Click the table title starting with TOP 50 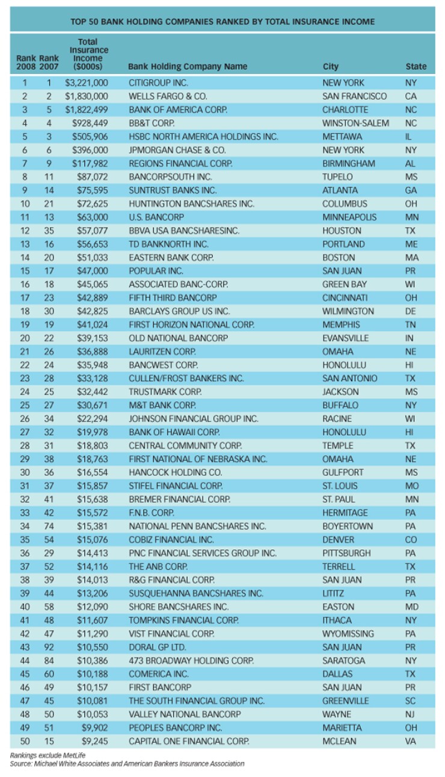[x=222, y=22]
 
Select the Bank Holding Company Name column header [x=188, y=67]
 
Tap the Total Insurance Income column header [x=88, y=55]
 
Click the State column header [x=416, y=67]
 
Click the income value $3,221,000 [x=87, y=83]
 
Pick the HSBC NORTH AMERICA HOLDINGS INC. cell [x=203, y=137]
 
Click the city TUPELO [x=337, y=177]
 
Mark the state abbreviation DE [x=411, y=311]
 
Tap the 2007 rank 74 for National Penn [x=49, y=526]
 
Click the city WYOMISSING [x=348, y=634]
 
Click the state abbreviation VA [x=411, y=741]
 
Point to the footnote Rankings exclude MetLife [x=40, y=755]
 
